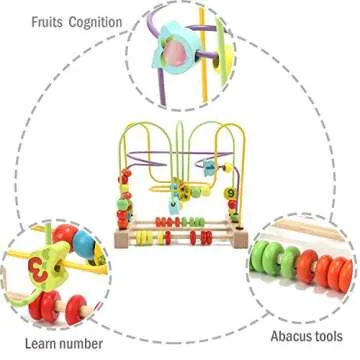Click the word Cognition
point(95,21)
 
